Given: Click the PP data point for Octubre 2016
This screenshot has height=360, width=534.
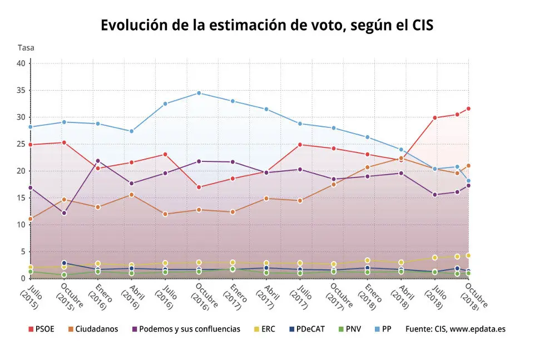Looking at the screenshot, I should click(199, 93).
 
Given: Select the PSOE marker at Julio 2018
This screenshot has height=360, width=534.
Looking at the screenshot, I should click(434, 117).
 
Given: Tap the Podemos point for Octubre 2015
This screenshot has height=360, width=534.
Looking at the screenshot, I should click(64, 213).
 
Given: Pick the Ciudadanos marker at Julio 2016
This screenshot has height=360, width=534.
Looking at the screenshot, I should click(165, 214).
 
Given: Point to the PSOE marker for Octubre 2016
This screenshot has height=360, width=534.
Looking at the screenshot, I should click(199, 187).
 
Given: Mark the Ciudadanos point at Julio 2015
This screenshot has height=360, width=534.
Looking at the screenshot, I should click(31, 219).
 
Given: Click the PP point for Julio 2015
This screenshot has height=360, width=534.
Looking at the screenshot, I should click(31, 127).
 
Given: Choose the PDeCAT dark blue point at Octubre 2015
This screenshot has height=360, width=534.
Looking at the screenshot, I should click(64, 263).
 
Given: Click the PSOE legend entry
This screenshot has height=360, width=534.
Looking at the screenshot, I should click(41, 329).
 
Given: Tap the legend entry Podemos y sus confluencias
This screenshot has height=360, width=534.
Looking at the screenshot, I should click(186, 329).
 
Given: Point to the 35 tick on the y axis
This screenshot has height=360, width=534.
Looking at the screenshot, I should click(21, 90).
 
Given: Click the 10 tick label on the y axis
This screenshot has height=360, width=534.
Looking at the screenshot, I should click(21, 225).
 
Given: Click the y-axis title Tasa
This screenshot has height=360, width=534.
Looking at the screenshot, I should click(26, 48).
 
